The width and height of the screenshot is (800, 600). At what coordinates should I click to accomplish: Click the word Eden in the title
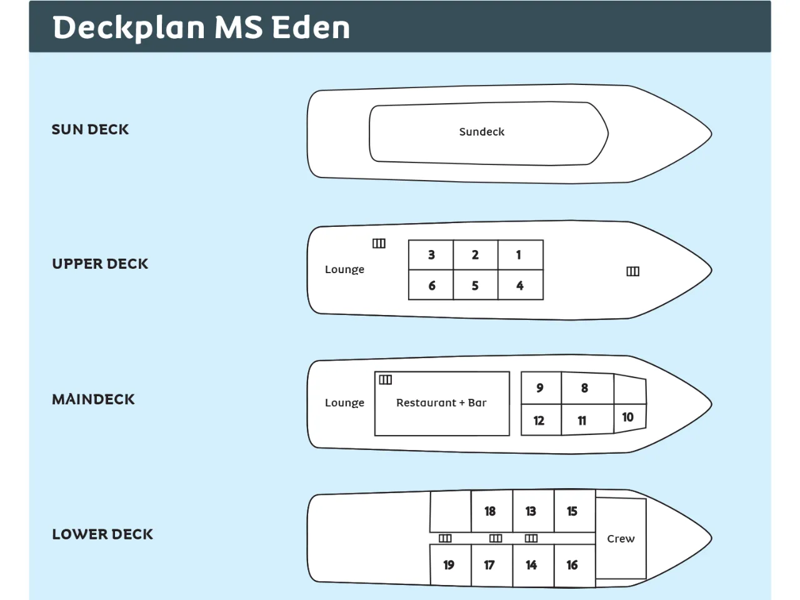(311, 27)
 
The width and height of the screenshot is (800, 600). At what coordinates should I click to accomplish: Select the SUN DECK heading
(90, 129)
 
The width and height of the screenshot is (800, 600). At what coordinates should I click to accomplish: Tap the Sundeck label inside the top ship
(481, 132)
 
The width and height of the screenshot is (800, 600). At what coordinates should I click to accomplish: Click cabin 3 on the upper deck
(431, 255)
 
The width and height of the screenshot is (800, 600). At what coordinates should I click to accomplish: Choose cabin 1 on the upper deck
(519, 255)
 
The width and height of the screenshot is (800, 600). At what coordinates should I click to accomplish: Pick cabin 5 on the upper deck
(475, 286)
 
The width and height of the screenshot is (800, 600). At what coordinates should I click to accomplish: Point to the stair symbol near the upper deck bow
(632, 271)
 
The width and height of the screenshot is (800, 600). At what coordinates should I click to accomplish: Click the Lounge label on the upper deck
(344, 269)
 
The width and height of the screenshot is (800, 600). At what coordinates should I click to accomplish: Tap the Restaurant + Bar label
(441, 403)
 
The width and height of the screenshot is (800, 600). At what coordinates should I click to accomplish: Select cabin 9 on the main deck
(540, 388)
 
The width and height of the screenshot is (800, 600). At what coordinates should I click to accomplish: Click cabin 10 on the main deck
(628, 417)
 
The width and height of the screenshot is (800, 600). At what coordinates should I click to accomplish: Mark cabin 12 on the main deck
(539, 421)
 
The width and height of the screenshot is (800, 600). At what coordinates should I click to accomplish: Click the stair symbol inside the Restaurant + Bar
(386, 379)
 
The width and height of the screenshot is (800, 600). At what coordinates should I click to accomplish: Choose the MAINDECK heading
(93, 399)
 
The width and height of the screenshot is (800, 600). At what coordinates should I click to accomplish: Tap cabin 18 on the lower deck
(490, 511)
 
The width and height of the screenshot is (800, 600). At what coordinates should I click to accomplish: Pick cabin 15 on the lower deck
(572, 511)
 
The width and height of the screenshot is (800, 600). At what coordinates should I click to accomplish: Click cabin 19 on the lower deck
(449, 565)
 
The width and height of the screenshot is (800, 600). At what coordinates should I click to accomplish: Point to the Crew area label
(621, 539)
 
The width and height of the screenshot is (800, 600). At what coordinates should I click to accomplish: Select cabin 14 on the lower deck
(531, 565)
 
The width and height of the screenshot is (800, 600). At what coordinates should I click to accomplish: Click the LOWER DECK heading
(102, 534)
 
